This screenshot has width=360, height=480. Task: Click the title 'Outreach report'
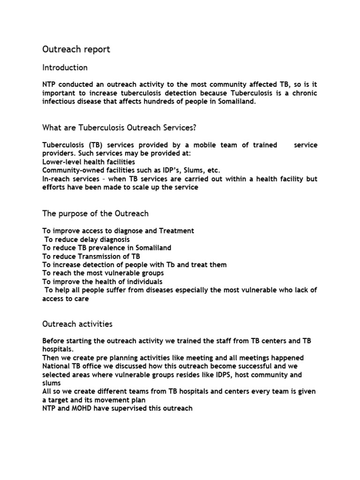tap(76, 49)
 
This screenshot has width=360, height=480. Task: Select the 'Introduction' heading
tap(65, 67)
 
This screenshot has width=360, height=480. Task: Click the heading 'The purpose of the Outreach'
tap(95, 213)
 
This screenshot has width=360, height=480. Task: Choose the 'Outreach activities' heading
tap(77, 324)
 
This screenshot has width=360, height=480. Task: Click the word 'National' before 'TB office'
tap(56, 366)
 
